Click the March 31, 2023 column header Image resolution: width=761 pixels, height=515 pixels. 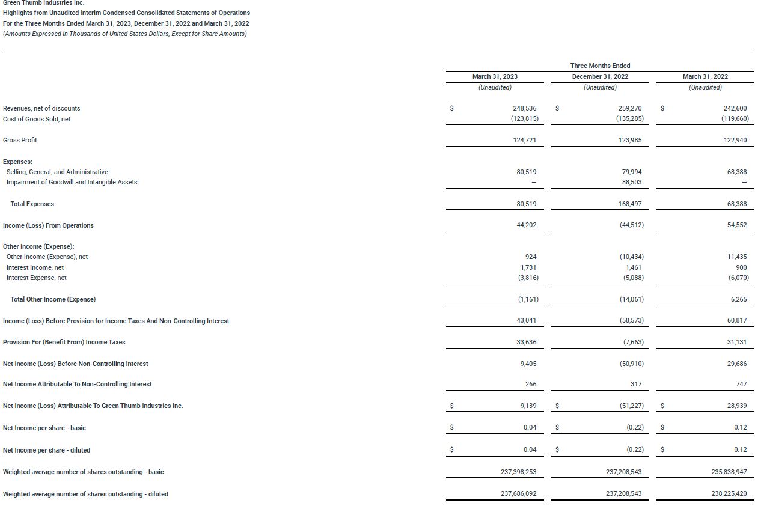[495, 76]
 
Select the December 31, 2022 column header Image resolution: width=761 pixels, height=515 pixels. [600, 76]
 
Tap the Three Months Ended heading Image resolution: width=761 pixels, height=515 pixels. [600, 66]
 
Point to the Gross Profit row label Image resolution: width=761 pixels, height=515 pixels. [20, 140]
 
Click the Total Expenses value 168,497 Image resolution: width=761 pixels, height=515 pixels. [630, 204]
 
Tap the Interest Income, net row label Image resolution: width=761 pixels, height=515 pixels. [35, 267]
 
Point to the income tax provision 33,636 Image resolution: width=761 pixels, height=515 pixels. [526, 342]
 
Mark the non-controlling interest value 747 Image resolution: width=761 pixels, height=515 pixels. [741, 384]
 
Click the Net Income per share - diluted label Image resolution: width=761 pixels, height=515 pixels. [46, 450]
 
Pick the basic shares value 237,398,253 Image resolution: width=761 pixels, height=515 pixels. [518, 472]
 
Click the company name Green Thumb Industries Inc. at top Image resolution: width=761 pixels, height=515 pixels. [43, 3]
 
